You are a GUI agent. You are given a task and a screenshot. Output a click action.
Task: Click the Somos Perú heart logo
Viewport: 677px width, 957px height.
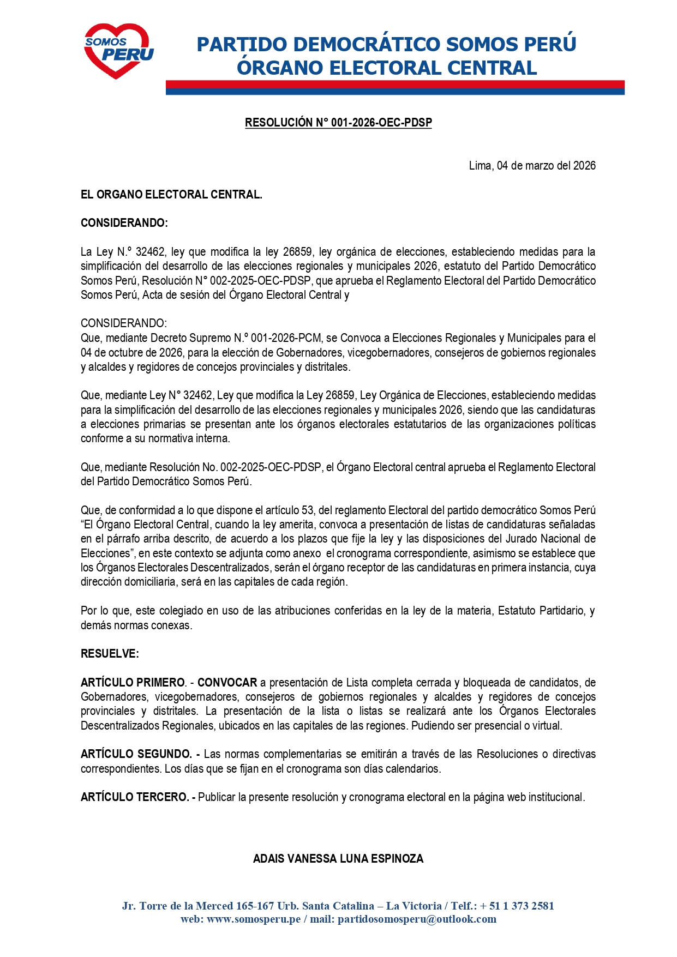[118, 50]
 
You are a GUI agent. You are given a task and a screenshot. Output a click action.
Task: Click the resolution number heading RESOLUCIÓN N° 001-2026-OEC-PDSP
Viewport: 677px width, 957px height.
[338, 123]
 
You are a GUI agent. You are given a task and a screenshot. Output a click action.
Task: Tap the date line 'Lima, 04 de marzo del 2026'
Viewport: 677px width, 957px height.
[532, 166]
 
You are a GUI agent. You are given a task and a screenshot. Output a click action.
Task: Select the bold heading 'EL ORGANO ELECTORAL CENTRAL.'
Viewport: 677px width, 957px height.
[171, 195]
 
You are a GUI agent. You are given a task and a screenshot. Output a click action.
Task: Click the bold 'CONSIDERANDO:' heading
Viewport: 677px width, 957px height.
[124, 223]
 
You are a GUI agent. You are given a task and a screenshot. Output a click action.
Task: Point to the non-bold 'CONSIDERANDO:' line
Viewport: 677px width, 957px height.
[124, 323]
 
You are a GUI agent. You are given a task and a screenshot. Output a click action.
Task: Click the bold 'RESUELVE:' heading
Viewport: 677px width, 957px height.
[110, 654]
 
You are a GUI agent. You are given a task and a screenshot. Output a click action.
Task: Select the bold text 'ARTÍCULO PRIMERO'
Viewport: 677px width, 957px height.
[133, 683]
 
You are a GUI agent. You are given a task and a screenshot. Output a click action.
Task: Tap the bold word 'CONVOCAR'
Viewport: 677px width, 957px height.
[227, 683]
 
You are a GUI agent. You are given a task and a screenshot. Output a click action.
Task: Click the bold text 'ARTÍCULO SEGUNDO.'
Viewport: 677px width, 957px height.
[136, 754]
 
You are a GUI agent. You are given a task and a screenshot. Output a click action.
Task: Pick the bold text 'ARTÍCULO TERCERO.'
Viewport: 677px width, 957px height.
[135, 797]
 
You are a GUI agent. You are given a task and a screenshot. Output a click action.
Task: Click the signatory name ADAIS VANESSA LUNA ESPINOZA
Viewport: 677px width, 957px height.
[338, 859]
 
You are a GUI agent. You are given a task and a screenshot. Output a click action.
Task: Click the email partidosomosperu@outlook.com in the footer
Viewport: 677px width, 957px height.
[417, 919]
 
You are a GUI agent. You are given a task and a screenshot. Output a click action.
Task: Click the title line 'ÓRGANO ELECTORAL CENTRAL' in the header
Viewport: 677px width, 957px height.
[387, 68]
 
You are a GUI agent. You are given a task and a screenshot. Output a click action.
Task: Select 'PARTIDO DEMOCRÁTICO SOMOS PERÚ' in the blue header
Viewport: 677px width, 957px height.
[386, 44]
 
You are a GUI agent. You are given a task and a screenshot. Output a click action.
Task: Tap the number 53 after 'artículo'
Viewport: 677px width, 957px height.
[308, 510]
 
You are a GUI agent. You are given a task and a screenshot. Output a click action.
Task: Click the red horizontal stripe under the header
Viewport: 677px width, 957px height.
[395, 84]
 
